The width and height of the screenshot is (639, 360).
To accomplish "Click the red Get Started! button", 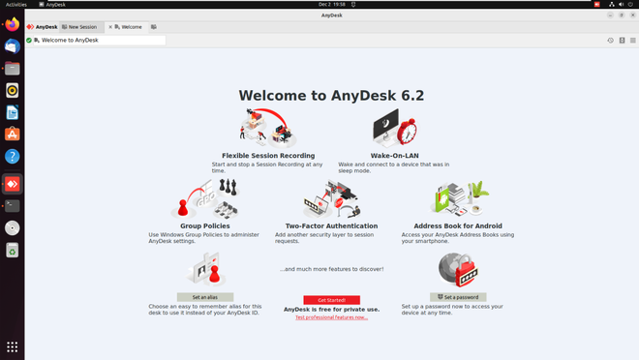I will [331, 300].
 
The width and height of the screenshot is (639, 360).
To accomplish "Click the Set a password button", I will [458, 297].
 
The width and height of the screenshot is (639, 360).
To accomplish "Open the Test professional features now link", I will [331, 316].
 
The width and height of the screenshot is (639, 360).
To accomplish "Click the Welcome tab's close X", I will [111, 27].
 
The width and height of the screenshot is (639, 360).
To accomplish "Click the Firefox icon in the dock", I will [13, 24].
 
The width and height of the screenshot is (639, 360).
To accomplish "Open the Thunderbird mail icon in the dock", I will [13, 45].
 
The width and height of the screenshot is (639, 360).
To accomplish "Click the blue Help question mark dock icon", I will [13, 156].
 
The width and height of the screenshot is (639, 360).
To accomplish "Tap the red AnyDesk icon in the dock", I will [13, 183].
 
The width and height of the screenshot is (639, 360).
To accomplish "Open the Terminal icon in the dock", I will [13, 205].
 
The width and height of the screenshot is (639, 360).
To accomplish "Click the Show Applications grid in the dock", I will [13, 345].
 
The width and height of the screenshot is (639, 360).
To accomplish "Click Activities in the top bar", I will [16, 4].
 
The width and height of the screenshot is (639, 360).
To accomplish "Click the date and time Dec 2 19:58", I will [319, 4].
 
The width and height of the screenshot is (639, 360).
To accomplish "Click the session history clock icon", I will [610, 41].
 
